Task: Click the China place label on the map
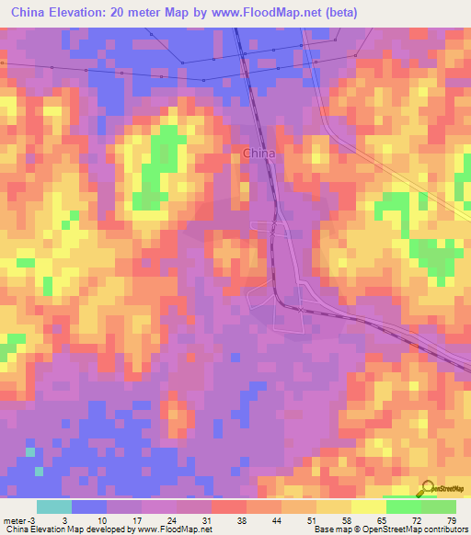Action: click(x=258, y=154)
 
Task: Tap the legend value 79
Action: click(x=450, y=519)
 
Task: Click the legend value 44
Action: click(x=277, y=519)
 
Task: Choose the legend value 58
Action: click(x=347, y=519)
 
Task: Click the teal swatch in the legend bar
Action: click(x=54, y=506)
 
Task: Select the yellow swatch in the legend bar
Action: click(x=369, y=506)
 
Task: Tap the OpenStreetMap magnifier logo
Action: click(x=429, y=488)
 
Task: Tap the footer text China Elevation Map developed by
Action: click(x=64, y=529)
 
